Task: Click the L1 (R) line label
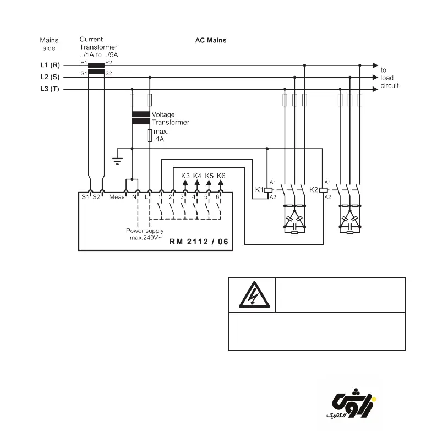tap(50, 65)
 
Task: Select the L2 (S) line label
tap(50, 77)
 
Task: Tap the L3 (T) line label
tap(50, 89)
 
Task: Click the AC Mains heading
tap(211, 41)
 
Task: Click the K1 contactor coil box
tap(267, 189)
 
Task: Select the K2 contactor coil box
tap(323, 189)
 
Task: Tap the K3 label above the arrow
tap(185, 176)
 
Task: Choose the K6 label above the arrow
tap(221, 176)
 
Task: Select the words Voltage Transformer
tap(170, 118)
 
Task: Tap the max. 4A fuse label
tap(161, 136)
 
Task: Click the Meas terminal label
tap(117, 196)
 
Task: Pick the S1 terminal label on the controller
tap(85, 196)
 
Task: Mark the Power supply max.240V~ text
tap(145, 234)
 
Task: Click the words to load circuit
tap(390, 78)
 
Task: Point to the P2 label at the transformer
tap(109, 63)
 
